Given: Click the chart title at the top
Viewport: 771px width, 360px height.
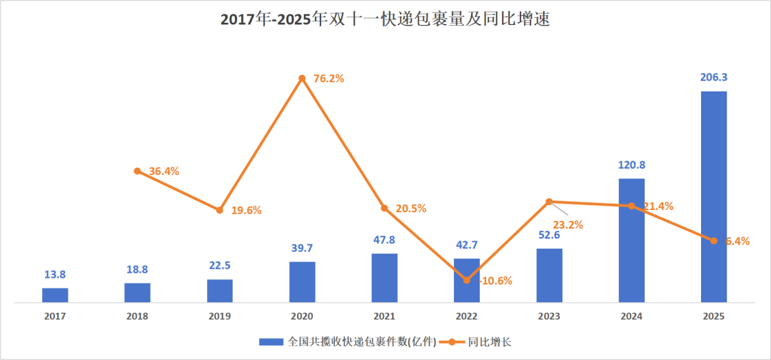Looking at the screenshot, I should point(385,19).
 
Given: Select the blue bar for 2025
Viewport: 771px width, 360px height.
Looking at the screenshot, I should point(713,196).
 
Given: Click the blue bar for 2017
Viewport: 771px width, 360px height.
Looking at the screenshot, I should point(55,295).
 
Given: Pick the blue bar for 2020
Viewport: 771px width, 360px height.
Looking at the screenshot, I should point(302,281).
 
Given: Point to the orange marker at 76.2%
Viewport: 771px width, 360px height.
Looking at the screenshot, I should point(302,78).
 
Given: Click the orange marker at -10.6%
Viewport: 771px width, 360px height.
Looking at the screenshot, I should point(467,280).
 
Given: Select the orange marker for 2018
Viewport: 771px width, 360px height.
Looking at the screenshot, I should point(137,171).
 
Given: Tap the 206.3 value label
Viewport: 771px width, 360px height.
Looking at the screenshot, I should point(713,77).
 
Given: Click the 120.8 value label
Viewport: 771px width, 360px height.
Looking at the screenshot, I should point(631,164).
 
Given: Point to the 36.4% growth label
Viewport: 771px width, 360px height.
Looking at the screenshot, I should point(164,171).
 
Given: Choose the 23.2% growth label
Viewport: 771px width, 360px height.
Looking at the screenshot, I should point(568,224).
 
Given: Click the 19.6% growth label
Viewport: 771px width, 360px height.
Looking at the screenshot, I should point(246,211).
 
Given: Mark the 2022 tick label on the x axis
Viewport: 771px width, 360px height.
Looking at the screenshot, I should point(467,316).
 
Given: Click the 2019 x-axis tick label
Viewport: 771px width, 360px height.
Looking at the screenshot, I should point(219,316).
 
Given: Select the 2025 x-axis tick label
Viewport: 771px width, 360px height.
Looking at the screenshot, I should point(713,316).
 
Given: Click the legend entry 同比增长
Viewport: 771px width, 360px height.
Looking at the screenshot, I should point(489,341).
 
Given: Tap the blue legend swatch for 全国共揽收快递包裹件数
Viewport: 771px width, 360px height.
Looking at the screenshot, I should point(271,341).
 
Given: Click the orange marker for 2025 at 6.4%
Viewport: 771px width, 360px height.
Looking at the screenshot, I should point(713,240).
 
